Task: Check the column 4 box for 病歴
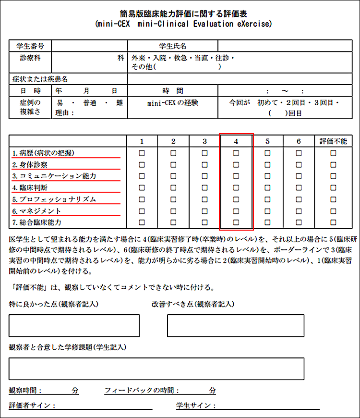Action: [236, 153]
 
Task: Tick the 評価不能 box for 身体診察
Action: [333, 165]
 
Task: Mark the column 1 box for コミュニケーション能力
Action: [142, 176]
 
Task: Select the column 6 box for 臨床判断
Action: [299, 188]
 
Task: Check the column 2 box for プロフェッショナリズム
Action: [173, 199]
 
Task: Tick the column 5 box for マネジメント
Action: [267, 211]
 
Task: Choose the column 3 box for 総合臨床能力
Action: [205, 222]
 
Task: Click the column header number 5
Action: [267, 141]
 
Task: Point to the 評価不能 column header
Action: [333, 141]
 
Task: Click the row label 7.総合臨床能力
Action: [37, 222]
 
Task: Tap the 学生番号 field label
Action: [30, 46]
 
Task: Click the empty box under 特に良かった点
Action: [74, 326]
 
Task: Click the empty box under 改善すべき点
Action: [235, 326]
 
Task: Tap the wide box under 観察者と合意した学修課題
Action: [156, 369]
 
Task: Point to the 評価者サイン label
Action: [32, 406]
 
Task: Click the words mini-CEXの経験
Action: [173, 103]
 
